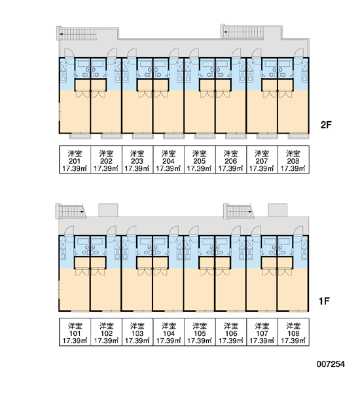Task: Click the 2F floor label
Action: coord(326,124)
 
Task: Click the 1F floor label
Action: coord(324,301)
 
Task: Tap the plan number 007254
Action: coord(331,364)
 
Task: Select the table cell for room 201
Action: coord(75,159)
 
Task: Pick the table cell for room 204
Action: coord(169,159)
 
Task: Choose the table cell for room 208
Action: coord(293,159)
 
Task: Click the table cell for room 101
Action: coord(75,332)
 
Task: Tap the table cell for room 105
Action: coord(200,332)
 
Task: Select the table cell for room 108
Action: coord(293,332)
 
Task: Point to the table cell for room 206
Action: coord(231,159)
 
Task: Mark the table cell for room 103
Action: coord(137,332)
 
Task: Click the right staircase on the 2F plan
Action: coord(242,32)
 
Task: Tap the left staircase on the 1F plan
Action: coord(71,212)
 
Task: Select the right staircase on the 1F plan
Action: coord(240,212)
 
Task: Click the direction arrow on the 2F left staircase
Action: coord(62,33)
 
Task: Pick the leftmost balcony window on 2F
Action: coord(80,136)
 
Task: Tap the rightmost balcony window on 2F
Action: coord(298,136)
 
